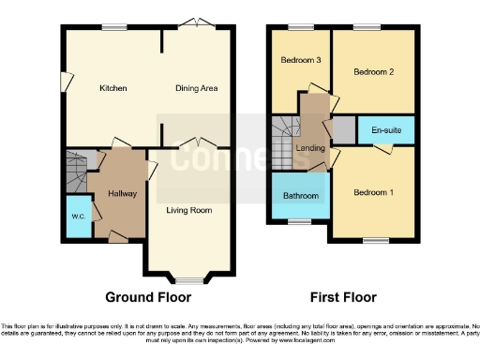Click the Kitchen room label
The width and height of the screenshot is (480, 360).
pyautogui.click(x=113, y=88)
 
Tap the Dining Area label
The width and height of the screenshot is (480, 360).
pyautogui.click(x=197, y=88)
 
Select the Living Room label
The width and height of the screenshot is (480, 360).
pyautogui.click(x=189, y=210)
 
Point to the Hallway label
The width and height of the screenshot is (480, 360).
pyautogui.click(x=122, y=194)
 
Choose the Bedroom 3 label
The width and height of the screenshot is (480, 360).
pyautogui.click(x=301, y=60)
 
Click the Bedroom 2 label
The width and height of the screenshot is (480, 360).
pyautogui.click(x=372, y=71)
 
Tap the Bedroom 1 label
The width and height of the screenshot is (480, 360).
pyautogui.click(x=372, y=193)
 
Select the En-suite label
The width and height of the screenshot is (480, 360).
pyautogui.click(x=385, y=130)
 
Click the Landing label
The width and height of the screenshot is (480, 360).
pyautogui.click(x=310, y=148)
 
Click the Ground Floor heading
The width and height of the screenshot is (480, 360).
pyautogui.click(x=148, y=297)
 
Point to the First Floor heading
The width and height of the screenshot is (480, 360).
pyautogui.click(x=343, y=297)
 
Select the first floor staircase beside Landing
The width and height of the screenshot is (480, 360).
pyautogui.click(x=283, y=141)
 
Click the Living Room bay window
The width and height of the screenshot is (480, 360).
pyautogui.click(x=189, y=280)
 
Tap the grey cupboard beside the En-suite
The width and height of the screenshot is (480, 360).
pyautogui.click(x=344, y=130)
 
